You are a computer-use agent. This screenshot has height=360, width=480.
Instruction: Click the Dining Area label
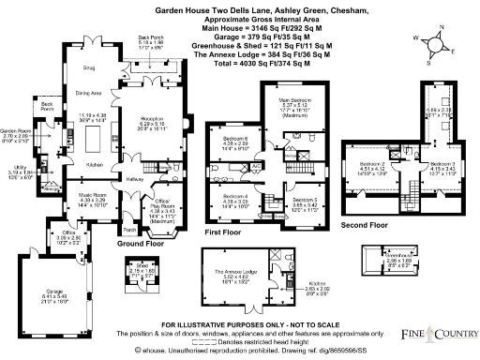point(89,93)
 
